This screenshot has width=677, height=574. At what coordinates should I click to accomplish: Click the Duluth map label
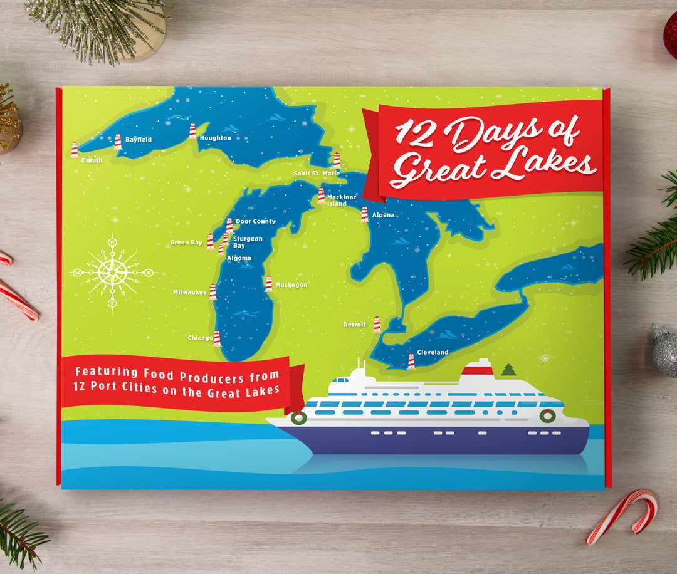(92, 160)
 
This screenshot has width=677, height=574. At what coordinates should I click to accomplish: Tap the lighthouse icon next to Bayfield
(118, 142)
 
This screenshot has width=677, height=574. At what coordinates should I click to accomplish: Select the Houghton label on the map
(215, 138)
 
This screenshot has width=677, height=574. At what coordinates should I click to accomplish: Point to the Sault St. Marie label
(317, 174)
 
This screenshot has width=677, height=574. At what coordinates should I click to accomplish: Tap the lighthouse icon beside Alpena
(364, 214)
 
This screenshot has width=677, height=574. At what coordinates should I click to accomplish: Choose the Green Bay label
(186, 243)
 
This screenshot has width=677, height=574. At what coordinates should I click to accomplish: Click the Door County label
(255, 222)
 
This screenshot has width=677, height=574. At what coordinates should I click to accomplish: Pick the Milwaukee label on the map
(190, 292)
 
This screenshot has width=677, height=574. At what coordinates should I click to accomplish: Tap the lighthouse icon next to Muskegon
(268, 284)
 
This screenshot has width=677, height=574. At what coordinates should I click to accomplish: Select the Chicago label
(200, 338)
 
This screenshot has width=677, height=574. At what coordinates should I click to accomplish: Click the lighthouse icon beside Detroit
(377, 324)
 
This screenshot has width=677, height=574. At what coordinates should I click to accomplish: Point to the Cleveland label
(433, 353)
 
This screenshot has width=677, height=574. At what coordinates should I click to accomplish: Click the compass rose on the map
(113, 273)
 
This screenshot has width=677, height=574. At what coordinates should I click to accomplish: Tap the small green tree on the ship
(508, 370)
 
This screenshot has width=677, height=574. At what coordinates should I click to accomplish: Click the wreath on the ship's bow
(298, 417)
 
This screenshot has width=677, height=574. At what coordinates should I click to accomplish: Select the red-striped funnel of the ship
(477, 373)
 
